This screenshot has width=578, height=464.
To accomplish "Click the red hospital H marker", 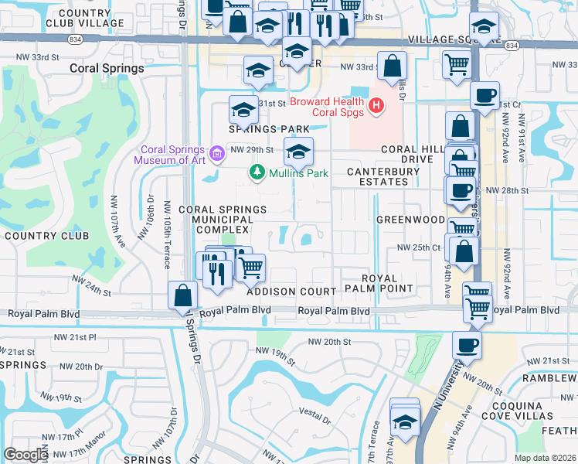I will pos(376,106).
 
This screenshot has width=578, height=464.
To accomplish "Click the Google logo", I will pos(25,455).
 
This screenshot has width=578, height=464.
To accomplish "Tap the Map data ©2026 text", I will pos(545,458).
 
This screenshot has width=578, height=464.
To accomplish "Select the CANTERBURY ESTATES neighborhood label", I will pos(378,176).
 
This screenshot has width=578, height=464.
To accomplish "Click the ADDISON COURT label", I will pos(291,292).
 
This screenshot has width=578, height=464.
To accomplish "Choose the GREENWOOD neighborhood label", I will pos(410,220).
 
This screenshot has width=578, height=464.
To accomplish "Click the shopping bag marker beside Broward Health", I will pos(393,67).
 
